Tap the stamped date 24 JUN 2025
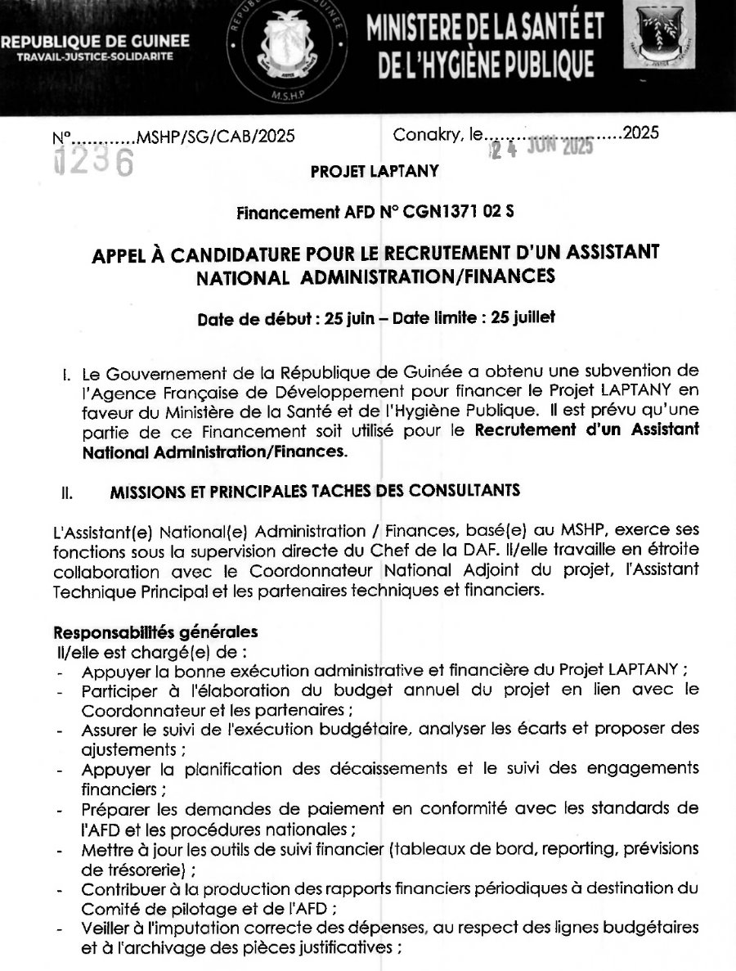[541, 149]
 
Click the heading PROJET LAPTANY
[375, 171]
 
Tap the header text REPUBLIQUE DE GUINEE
[96, 41]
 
